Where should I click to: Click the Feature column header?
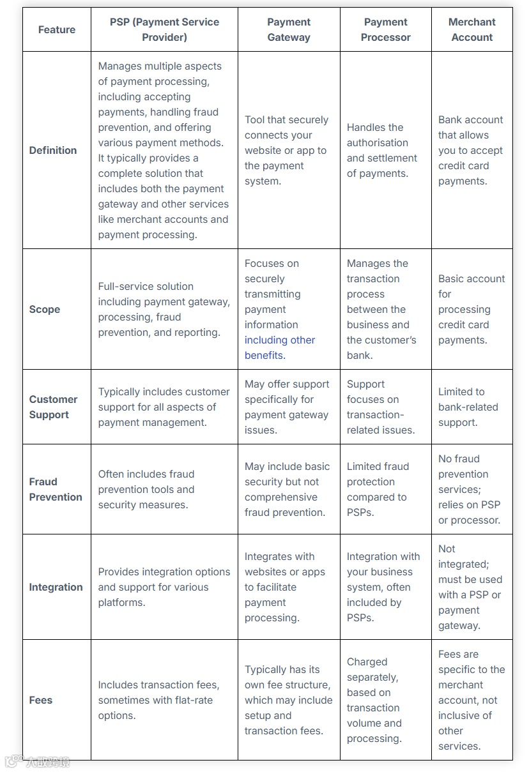tap(56, 30)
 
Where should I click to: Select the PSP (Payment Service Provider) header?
tap(164, 30)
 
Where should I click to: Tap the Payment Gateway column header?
tap(289, 30)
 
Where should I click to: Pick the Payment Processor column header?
tap(385, 30)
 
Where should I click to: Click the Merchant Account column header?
tap(471, 30)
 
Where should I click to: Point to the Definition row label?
tap(53, 151)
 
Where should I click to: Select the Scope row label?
tap(45, 310)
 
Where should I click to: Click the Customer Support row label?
tap(53, 407)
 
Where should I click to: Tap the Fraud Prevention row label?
tap(56, 489)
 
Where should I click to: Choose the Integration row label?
tap(56, 587)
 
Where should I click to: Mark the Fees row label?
tap(41, 700)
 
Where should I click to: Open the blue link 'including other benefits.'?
tap(279, 348)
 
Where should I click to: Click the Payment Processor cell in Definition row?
tap(382, 151)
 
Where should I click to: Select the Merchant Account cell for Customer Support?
tap(468, 407)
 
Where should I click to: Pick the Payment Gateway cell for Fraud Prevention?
tap(287, 489)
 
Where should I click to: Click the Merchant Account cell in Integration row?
tap(470, 587)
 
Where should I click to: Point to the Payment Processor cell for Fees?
tap(374, 700)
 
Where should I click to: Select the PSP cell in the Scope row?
tap(164, 310)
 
